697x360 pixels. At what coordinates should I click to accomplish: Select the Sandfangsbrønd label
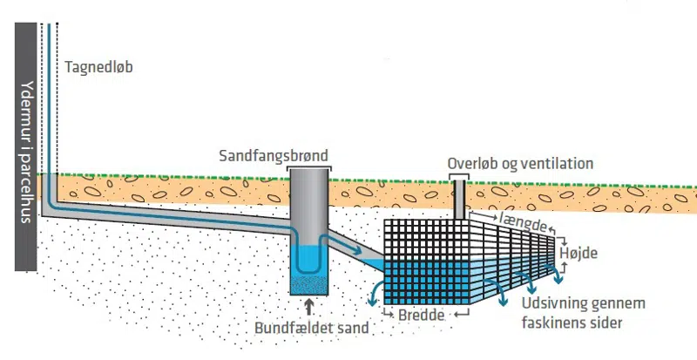tap(274, 156)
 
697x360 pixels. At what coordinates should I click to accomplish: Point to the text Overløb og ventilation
tap(519, 163)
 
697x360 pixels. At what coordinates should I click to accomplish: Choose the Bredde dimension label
tap(422, 313)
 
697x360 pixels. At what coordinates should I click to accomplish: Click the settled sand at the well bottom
tap(308, 283)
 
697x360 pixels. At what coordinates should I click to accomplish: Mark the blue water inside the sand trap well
tap(308, 258)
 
